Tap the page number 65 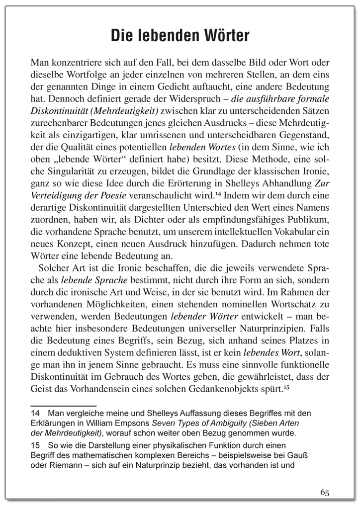coord(325,492)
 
